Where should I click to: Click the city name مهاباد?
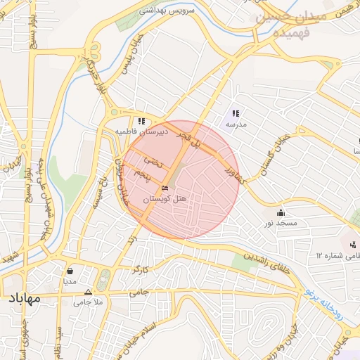22,299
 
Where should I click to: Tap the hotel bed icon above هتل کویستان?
165,188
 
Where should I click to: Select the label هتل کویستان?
165,200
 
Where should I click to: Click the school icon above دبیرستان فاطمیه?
141,121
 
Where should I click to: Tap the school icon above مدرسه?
236,112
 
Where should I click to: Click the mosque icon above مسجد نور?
281,212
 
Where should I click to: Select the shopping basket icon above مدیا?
70,270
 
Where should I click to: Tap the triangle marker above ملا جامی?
88,291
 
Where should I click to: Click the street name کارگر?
141,269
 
